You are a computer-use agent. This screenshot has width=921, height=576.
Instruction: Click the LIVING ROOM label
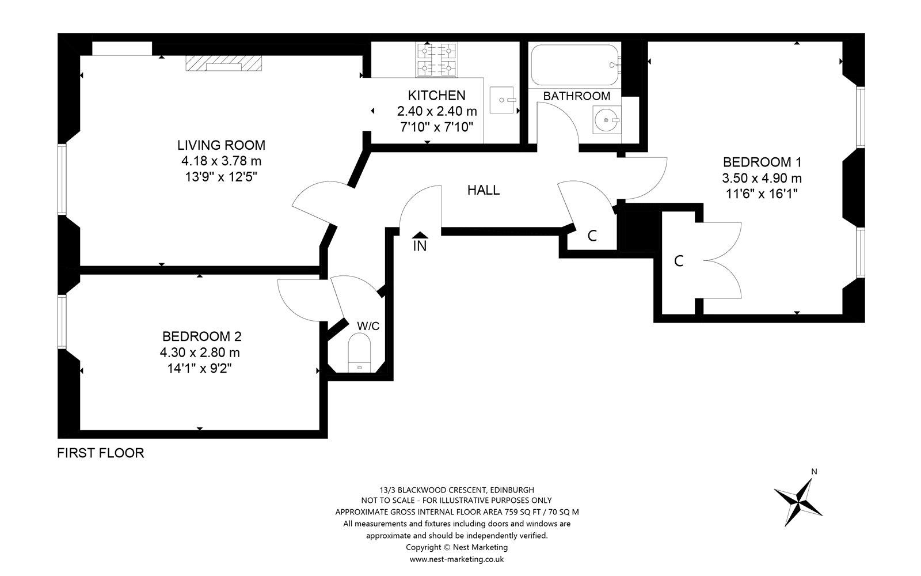(221, 145)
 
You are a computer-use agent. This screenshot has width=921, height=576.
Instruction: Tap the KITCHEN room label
(436, 96)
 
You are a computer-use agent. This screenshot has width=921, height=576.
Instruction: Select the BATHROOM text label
(576, 96)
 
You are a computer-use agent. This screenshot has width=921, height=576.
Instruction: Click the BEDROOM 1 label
(762, 162)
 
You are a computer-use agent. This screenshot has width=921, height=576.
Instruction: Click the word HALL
(483, 190)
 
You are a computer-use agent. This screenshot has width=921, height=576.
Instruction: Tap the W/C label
(368, 326)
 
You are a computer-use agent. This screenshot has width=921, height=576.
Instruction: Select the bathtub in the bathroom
(574, 65)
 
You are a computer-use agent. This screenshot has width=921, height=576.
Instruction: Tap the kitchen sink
(503, 100)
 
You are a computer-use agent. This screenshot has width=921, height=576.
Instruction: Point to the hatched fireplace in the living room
(224, 63)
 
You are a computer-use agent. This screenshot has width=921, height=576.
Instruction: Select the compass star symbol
(798, 498)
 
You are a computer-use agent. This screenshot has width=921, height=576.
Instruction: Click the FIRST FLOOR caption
(101, 453)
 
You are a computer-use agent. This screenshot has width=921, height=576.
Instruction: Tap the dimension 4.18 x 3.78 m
(221, 161)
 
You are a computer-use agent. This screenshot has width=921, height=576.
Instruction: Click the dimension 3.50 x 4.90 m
(762, 178)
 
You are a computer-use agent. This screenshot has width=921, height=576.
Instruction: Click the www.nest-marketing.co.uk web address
(456, 559)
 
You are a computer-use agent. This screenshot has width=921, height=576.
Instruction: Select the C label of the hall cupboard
(592, 236)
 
